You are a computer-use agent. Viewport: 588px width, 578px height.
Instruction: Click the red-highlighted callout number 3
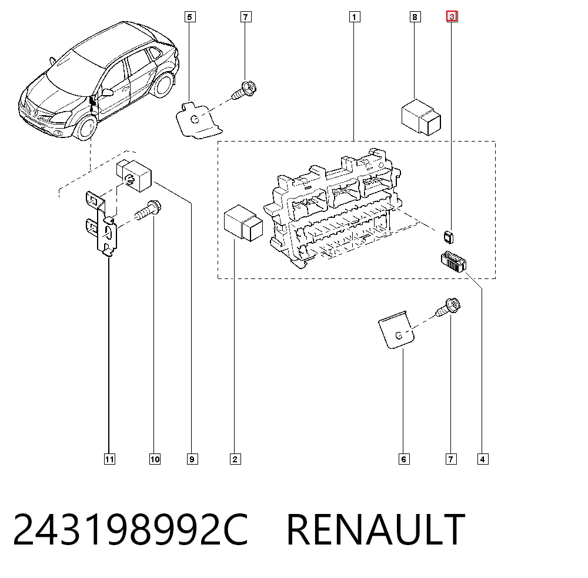click(x=452, y=17)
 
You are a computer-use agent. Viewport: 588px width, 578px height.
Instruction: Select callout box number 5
click(x=190, y=17)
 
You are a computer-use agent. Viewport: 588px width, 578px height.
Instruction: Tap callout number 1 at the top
click(x=355, y=17)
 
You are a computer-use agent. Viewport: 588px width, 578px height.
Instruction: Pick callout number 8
click(x=415, y=17)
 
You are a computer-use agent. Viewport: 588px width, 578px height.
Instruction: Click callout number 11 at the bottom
click(x=109, y=459)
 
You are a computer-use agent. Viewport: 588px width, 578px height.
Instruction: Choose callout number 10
click(x=155, y=459)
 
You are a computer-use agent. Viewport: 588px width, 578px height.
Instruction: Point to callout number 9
click(x=192, y=459)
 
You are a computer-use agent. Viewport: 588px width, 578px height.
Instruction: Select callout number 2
click(x=235, y=459)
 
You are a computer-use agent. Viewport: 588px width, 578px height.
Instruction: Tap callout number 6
click(x=404, y=459)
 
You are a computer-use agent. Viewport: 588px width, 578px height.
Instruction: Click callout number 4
click(x=483, y=459)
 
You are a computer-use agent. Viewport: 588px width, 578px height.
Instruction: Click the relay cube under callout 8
click(x=421, y=117)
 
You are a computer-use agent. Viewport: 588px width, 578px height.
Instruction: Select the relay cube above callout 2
click(x=243, y=223)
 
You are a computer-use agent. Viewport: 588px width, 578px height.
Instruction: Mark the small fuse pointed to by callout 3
click(x=449, y=237)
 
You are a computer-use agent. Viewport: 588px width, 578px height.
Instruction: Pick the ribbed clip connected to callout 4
click(x=453, y=261)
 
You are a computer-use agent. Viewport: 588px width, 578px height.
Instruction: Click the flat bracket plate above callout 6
click(x=396, y=330)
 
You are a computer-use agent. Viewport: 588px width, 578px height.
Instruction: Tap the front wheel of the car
click(x=86, y=127)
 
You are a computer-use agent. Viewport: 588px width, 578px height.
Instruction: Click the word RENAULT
click(x=376, y=529)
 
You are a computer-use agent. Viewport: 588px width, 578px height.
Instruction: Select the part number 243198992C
click(x=131, y=529)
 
